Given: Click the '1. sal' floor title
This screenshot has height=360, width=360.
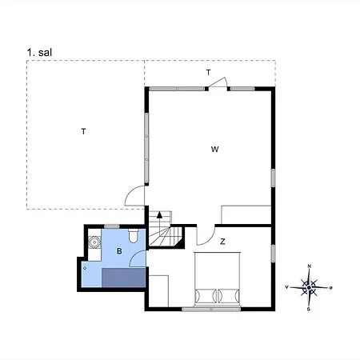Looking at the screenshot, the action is coord(39,52).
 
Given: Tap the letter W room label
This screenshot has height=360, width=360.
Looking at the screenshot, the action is coord(214,150).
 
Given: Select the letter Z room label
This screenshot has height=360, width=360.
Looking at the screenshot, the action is coord(222,242).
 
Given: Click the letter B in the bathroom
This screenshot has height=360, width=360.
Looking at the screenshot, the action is coord(119,251).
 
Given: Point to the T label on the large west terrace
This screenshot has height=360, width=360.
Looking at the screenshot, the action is coord(83,131).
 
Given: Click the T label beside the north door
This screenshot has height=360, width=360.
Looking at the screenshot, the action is coord(208,72).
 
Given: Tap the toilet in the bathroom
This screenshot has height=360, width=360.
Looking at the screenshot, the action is coord(133,235).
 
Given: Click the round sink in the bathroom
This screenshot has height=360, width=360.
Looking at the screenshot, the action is coord(94,242).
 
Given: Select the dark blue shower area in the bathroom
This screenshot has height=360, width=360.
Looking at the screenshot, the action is coord(124,278).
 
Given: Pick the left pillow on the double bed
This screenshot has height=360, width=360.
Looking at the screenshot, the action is coord(206,296).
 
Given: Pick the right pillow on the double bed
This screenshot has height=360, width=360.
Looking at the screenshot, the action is coord(229,296).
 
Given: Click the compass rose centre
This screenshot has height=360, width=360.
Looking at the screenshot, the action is coord(309,287).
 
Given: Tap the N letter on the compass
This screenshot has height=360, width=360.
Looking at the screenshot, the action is coord(310,266).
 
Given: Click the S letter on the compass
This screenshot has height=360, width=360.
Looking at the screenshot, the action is coord(309,310).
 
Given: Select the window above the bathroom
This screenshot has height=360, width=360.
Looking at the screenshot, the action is coord(112,226).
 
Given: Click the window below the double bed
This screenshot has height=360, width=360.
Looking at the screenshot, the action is coord(211,309).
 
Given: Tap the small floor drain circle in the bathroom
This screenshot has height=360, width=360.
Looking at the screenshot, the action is coord(85,268).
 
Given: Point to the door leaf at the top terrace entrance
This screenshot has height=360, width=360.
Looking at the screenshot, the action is coord(217,82).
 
